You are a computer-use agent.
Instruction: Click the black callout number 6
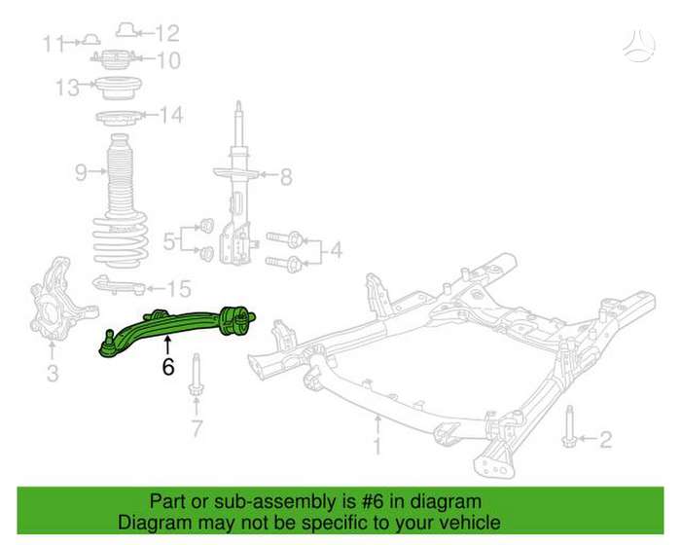pos(168,367)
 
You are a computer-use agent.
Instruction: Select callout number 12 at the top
pos(167,33)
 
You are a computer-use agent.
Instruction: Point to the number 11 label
pos(54,44)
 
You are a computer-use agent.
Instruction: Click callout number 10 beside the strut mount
pos(168,60)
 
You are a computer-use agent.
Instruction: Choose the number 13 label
pos(67,88)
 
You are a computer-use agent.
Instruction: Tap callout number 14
pos(171,115)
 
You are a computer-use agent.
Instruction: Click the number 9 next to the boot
pos(81,172)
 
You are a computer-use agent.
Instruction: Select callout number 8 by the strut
pos(286,177)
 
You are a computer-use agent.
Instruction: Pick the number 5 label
pos(169,241)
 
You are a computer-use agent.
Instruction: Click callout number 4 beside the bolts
pos(337,251)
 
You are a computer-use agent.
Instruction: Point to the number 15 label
pos(179,289)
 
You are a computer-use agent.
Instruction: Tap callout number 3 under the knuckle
pos(53,373)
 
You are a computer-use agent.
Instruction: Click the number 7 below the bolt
pos(197,428)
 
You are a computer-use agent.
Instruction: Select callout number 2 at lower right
pos(605,439)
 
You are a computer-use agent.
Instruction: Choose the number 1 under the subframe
pos(377,447)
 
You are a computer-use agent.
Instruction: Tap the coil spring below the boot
pos(121,239)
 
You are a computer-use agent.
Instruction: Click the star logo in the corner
pos(639,45)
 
